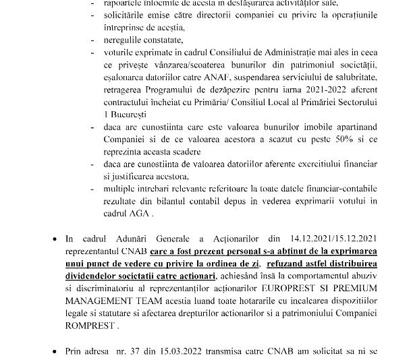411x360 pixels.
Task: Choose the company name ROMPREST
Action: tap(111, 326)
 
